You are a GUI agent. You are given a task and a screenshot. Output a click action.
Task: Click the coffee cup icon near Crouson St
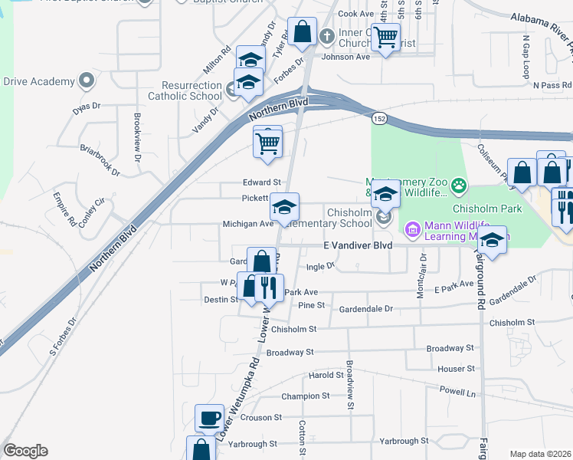point(209,419)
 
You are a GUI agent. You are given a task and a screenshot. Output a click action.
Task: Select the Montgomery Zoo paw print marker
point(458,184)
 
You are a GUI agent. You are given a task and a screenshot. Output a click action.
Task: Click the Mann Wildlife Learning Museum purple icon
point(412,228)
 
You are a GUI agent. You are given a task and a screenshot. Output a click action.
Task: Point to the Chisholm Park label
point(486,208)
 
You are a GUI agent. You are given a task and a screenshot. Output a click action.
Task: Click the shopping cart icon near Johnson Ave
point(387,35)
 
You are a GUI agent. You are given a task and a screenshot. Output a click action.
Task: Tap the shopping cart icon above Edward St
point(268,142)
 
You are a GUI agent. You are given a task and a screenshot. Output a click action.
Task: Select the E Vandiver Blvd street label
point(358,245)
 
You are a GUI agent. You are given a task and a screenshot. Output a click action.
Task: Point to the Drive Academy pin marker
point(87,80)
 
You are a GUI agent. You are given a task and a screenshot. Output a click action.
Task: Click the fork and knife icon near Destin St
point(268,287)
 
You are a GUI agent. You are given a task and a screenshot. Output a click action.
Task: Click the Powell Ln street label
point(457,390)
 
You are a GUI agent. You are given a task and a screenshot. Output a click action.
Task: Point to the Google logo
point(25,450)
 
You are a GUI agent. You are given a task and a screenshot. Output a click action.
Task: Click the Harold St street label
point(326,375)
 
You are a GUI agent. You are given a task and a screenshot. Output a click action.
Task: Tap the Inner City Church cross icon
point(326,35)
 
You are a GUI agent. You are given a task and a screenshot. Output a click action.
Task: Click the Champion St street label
point(305,396)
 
